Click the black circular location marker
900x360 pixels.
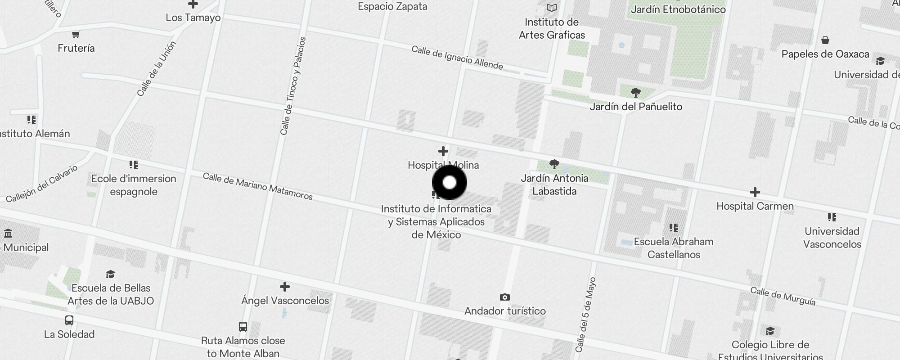[450, 182]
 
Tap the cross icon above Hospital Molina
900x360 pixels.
[443, 151]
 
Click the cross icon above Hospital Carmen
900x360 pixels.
[755, 192]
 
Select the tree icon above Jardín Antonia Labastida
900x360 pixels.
[554, 164]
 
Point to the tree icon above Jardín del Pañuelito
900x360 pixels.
[635, 93]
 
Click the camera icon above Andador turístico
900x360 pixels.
[505, 297]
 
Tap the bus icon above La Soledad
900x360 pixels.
[69, 320]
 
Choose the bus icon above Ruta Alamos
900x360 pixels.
[243, 326]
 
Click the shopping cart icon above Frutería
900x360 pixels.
[76, 34]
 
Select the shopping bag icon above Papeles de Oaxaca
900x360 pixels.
[825, 40]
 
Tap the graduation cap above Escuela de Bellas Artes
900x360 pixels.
[110, 274]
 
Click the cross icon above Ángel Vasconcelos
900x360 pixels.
[284, 287]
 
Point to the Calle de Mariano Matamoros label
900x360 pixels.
[257, 186]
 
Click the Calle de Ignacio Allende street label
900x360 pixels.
[457, 58]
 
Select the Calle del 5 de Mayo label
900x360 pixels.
[585, 315]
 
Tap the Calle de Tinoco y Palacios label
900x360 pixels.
[293, 86]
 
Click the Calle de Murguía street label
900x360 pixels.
[783, 297]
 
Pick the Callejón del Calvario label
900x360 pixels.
[42, 184]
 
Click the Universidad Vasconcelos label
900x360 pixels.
[832, 238]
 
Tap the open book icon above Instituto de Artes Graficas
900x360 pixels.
[552, 8]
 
